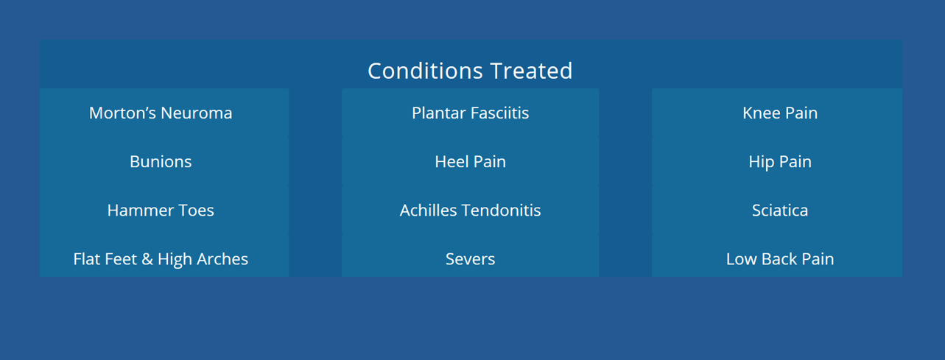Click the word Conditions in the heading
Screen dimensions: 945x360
[425, 71]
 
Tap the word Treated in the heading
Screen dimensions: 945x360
[532, 71]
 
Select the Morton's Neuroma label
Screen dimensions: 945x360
[161, 113]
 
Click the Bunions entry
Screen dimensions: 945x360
[161, 162]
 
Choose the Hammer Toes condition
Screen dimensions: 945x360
[161, 211]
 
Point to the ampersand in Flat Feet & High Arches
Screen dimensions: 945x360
[147, 259]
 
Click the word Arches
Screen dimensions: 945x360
[222, 259]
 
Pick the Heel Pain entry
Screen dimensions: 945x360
[471, 162]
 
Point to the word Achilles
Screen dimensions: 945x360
[428, 211]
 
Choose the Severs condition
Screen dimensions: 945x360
[471, 259]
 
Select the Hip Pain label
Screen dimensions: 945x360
[780, 162]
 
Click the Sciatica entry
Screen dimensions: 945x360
[780, 211]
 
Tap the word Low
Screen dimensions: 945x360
[741, 259]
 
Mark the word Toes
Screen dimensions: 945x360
[196, 211]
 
